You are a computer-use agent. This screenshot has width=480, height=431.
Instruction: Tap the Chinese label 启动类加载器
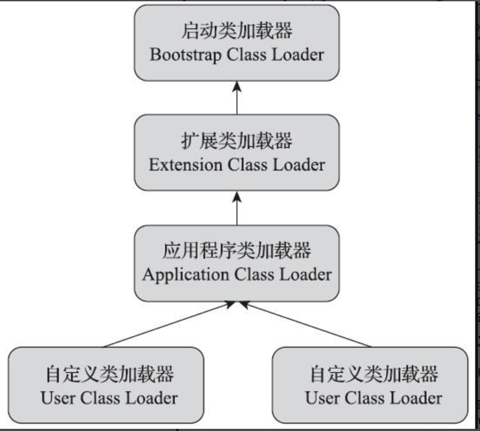[237, 32]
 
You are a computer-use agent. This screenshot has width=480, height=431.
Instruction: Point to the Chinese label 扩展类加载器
[237, 141]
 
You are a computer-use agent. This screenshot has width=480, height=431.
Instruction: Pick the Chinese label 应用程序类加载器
[237, 251]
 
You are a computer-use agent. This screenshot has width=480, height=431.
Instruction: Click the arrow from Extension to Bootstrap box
[237, 98]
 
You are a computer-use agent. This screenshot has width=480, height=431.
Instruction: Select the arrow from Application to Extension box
[237, 208]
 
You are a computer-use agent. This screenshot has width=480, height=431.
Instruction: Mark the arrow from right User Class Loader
[305, 325]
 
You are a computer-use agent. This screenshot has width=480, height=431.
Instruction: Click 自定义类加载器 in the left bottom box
[109, 374]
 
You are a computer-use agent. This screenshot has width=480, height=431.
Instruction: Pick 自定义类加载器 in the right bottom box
[374, 374]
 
